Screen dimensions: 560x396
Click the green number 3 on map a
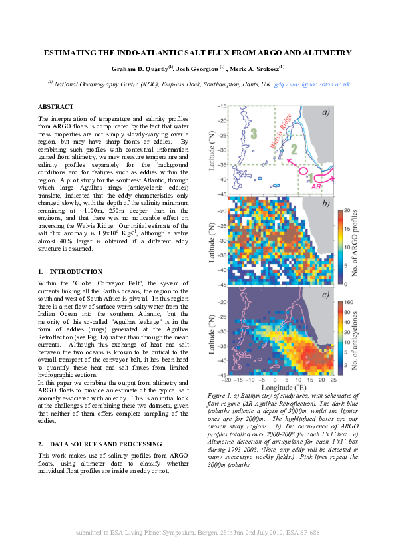(254, 134)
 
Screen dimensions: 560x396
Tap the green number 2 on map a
(294, 150)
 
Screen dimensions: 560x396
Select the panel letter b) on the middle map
(325, 203)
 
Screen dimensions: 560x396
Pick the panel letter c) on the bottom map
(325, 295)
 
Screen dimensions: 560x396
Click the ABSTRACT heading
(56, 106)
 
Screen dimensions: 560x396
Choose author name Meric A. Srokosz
(257, 69)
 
